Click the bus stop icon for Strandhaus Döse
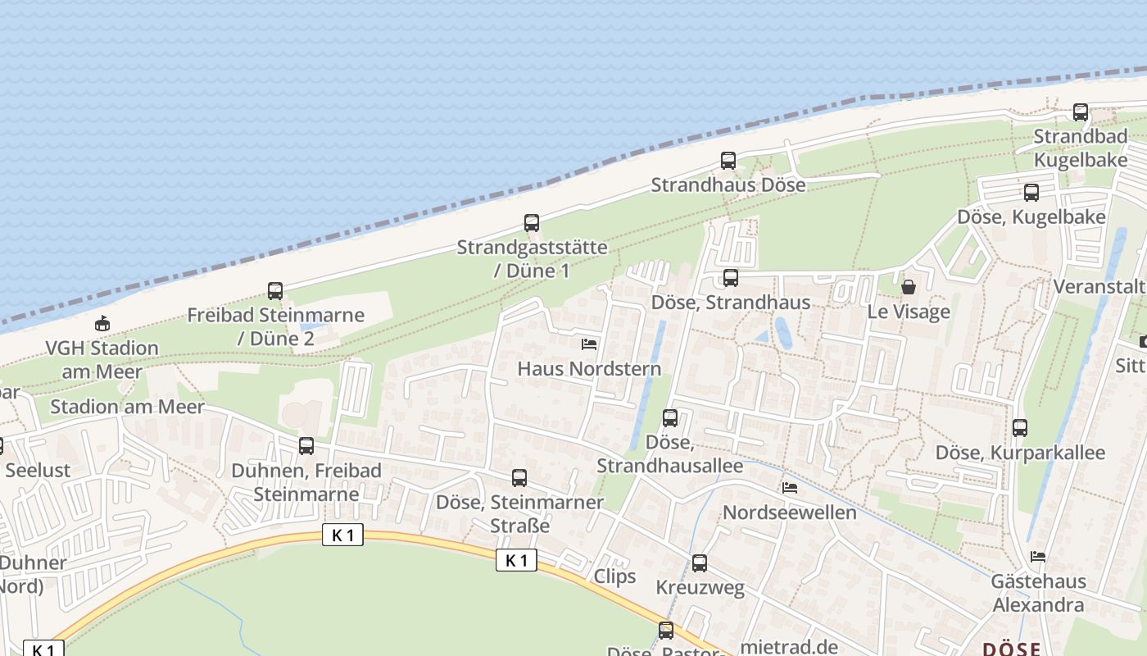click(728, 161)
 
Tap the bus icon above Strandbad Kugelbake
click(1081, 112)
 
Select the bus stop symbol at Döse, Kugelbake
click(1031, 193)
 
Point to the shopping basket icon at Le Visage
click(909, 287)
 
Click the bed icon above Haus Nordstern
click(588, 344)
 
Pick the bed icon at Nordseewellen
click(790, 488)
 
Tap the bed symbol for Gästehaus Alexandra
click(1038, 557)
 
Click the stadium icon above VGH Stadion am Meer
click(102, 323)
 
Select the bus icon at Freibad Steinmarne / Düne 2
click(275, 290)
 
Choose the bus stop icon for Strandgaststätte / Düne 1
click(532, 222)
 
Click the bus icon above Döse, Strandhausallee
click(670, 418)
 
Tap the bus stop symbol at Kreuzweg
click(699, 563)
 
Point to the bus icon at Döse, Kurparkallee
click(1020, 428)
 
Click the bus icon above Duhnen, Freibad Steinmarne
click(306, 446)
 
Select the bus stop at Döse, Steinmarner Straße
click(519, 478)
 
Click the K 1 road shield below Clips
click(516, 561)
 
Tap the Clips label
click(614, 576)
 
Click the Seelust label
click(38, 471)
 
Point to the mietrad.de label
click(788, 647)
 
